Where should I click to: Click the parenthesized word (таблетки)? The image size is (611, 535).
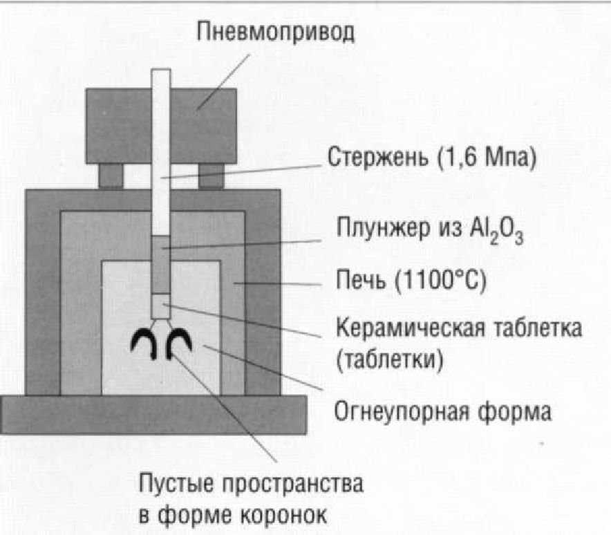point(388,360)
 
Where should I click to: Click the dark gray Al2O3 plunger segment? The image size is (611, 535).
point(161,264)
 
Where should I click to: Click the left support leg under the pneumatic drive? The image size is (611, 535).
point(111,175)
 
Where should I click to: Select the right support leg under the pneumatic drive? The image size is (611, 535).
point(211,175)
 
